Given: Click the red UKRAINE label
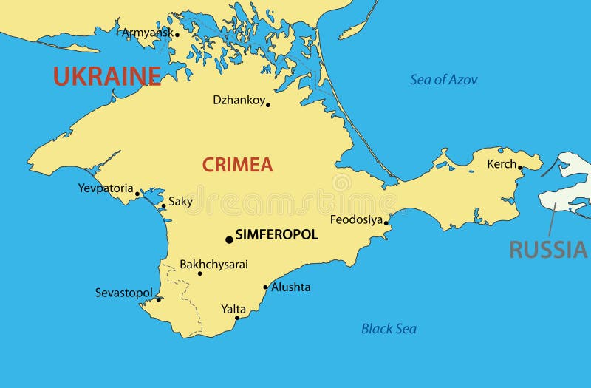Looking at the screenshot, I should click(106, 75).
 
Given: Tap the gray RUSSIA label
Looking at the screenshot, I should click(548, 250).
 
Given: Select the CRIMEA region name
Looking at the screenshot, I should click(238, 165).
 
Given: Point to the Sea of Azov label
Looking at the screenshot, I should click(444, 80).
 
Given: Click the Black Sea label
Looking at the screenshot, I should click(389, 329).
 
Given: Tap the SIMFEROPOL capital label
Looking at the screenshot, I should click(277, 235).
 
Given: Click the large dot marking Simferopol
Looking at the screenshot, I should click(229, 239).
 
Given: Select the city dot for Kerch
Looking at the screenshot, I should click(520, 168).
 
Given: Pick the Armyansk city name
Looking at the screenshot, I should click(147, 33).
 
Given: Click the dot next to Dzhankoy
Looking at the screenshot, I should click(268, 105).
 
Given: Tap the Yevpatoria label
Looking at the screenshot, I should click(106, 188).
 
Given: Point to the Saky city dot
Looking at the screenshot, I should click(163, 206).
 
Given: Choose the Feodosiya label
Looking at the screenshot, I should click(356, 219).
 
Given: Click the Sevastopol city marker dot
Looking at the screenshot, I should click(159, 299).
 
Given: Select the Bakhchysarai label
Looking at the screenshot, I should click(214, 264).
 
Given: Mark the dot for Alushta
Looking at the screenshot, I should click(266, 287).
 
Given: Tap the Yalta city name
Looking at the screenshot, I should click(233, 309).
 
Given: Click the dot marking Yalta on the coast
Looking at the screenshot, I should click(237, 318).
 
